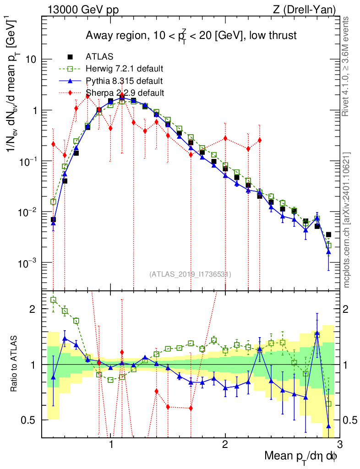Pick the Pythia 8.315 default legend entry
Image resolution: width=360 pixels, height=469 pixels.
124,81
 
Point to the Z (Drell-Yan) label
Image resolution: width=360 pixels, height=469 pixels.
310,10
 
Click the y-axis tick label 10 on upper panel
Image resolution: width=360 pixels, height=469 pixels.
30,60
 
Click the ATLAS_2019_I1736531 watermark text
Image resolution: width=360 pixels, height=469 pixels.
190,274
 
